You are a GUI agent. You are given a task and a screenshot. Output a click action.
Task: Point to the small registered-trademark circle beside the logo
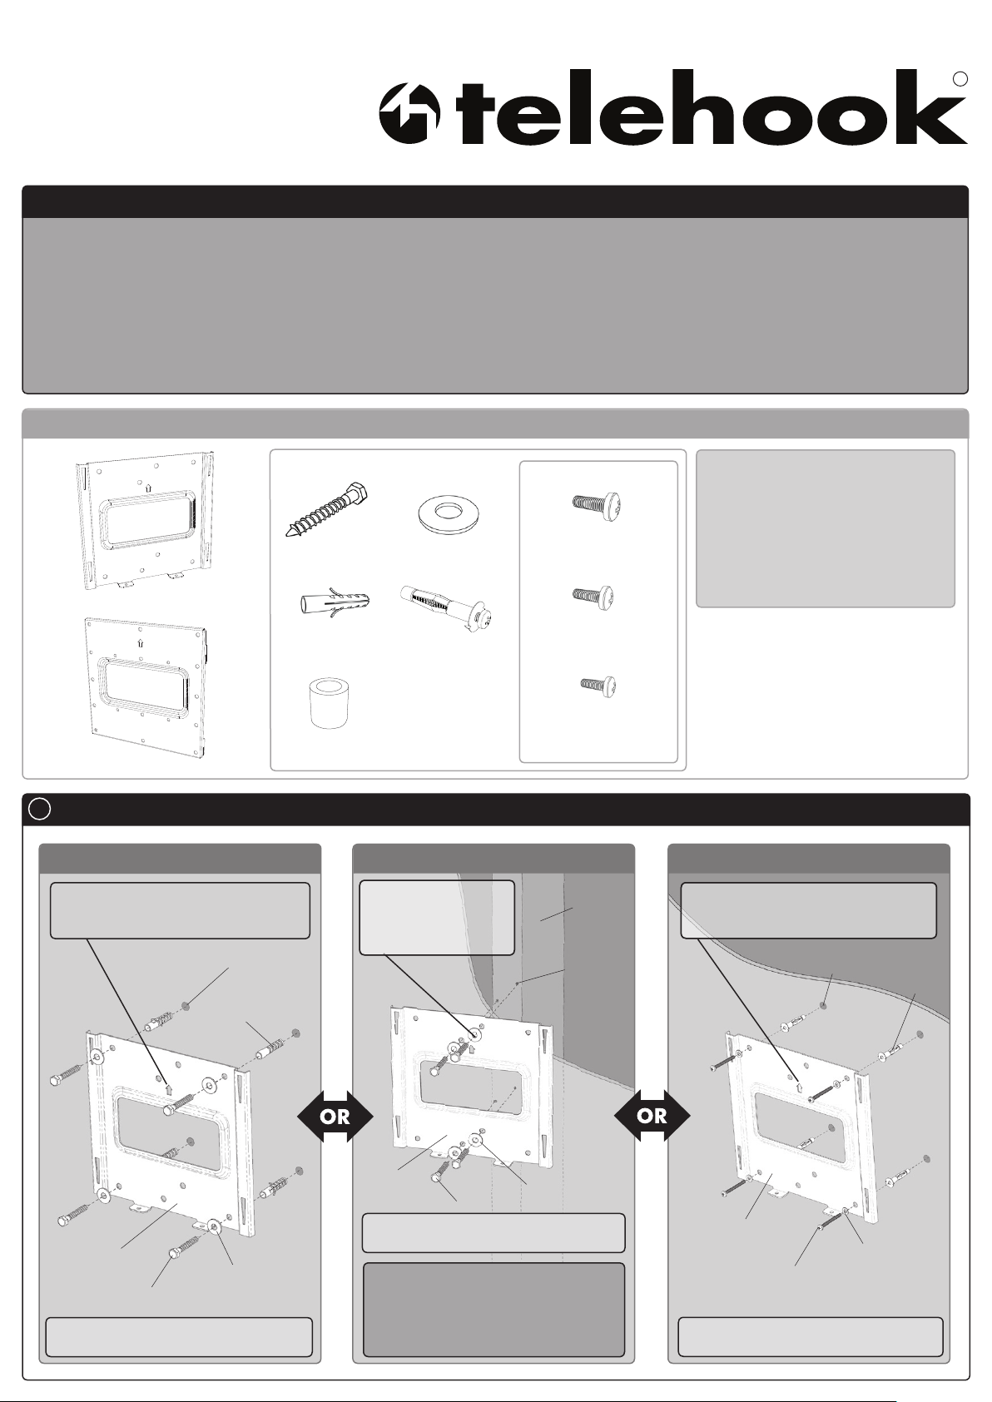tap(960, 79)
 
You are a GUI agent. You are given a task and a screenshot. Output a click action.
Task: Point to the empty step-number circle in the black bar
tap(39, 810)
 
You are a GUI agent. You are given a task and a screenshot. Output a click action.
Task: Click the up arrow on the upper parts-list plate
tap(147, 486)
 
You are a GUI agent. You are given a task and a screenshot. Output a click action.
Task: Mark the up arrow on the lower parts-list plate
tap(140, 642)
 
